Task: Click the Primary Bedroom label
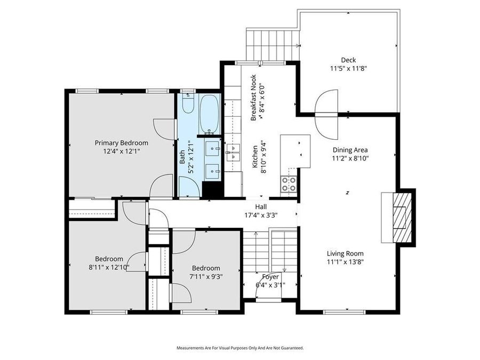point(122,143)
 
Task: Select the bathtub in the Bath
point(210,113)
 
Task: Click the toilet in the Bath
point(187,103)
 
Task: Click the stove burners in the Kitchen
point(289,184)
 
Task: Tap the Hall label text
point(261,207)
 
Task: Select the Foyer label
point(270,277)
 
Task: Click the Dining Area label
point(350,150)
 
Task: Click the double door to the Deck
point(326,114)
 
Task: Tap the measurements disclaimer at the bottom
point(240,348)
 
